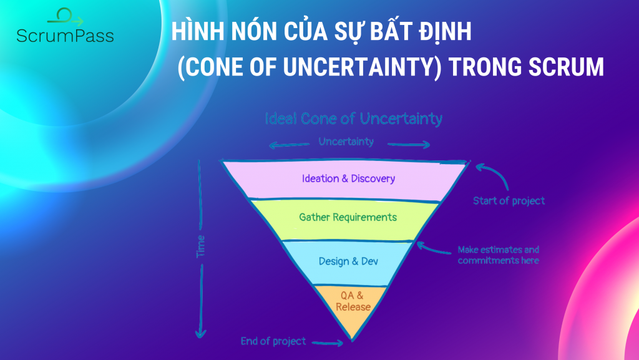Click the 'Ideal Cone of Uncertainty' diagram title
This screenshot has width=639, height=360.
coord(354,118)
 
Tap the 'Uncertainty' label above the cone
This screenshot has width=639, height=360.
coord(346,142)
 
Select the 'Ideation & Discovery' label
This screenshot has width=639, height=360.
coord(348,179)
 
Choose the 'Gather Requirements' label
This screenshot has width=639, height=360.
coord(348,218)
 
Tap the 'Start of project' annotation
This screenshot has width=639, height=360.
coord(509,201)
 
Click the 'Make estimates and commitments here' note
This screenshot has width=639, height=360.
coord(498,255)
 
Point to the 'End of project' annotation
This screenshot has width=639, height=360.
coord(273,341)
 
